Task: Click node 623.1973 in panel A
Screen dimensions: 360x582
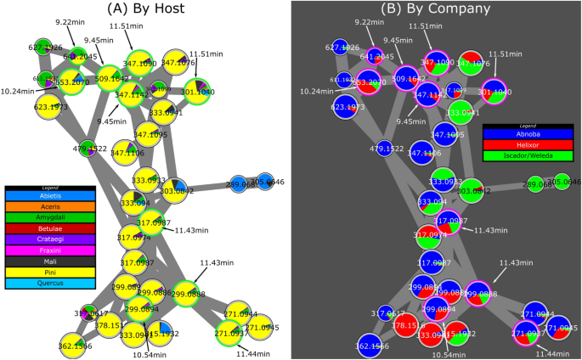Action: point(51,108)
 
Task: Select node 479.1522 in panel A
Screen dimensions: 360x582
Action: point(87,148)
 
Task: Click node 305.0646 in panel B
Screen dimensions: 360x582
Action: point(565,182)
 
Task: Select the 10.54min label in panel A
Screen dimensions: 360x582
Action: point(150,353)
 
